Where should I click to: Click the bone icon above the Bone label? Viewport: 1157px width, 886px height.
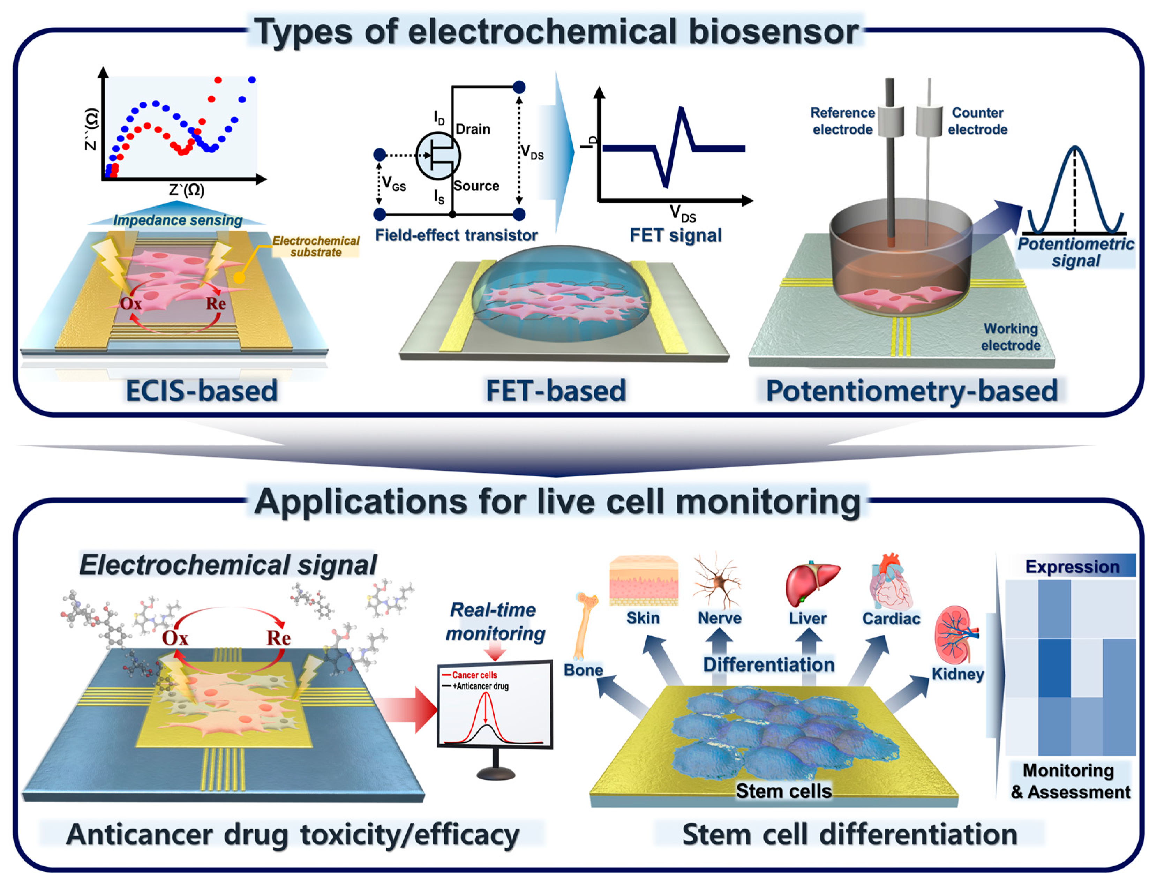pos(585,625)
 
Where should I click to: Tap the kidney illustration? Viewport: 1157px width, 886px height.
pos(955,636)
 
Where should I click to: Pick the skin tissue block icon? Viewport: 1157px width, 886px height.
pos(643,580)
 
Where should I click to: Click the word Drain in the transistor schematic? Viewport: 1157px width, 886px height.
pos(473,129)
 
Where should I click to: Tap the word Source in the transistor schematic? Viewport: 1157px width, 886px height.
pos(476,186)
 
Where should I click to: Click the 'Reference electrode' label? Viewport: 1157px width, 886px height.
pos(842,121)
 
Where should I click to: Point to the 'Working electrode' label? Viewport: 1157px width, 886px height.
pos(1011,337)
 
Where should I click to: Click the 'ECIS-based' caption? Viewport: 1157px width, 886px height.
pos(202,391)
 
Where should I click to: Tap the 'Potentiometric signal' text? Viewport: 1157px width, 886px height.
pos(1075,252)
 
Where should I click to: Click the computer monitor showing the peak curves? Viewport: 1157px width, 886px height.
pos(495,704)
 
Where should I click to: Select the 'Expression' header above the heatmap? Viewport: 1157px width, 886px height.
pos(1072,566)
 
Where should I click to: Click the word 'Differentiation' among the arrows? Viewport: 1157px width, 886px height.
pos(768,664)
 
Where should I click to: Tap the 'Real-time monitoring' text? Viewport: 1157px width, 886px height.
pos(494,621)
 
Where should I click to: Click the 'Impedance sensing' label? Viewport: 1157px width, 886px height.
pos(178,220)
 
